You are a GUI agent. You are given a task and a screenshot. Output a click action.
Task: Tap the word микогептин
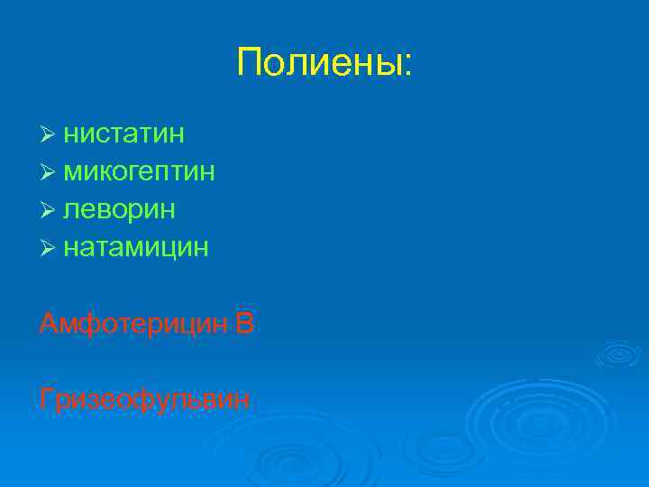point(139,172)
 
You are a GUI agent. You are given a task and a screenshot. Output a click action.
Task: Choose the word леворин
point(119,209)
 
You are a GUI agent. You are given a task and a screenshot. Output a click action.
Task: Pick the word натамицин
point(136,246)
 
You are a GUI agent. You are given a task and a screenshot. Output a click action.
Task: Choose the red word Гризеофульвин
point(145,399)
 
